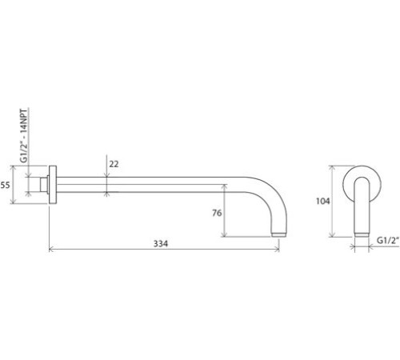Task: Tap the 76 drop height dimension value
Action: click(217, 212)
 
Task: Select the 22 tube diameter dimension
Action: click(114, 163)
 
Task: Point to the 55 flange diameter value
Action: click(5, 185)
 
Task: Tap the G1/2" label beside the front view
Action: click(386, 238)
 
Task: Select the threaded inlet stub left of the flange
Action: click(43, 186)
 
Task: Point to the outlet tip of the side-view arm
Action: click(278, 234)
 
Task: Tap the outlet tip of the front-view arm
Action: click(361, 234)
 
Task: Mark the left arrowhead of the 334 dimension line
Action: click(52, 250)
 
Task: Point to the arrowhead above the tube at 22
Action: click(107, 178)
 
